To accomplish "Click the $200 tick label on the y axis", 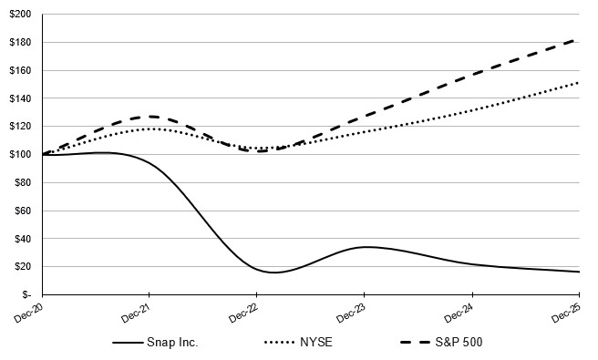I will tap(19, 15).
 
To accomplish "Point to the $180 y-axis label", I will tap(19, 43).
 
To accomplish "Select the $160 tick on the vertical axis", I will tap(19, 70).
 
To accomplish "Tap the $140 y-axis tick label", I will tap(19, 98).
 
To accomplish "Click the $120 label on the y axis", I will tap(19, 127).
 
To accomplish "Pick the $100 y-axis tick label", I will tap(19, 154).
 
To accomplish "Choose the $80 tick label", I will tap(22, 182).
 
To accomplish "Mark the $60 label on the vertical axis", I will tap(22, 211).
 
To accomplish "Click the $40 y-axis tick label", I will tap(22, 239).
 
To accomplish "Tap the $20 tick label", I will tap(22, 266).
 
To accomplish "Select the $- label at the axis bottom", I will tap(26, 294).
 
